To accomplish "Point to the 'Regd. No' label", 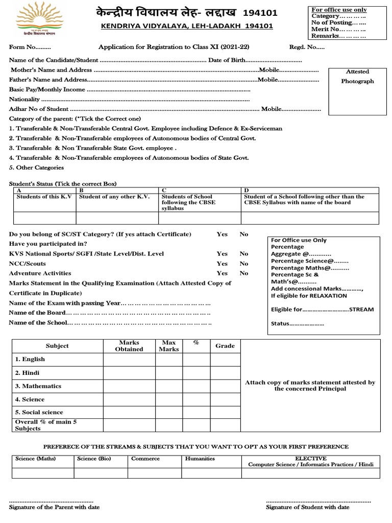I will [x=299, y=47].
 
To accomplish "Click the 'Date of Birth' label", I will [x=227, y=60].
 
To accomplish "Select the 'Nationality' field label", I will [x=24, y=99].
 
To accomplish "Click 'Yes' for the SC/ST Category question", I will [x=222, y=234].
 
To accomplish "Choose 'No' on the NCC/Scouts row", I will [x=244, y=264].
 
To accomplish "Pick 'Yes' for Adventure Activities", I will [x=222, y=273].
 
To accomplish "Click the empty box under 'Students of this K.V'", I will [x=44, y=218].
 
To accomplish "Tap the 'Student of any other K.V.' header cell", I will [x=117, y=197].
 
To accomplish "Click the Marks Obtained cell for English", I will [x=129, y=360].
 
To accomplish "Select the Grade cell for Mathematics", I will [x=225, y=387].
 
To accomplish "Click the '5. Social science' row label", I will [x=39, y=412].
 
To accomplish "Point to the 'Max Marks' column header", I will [x=168, y=346].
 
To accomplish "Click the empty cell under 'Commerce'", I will [x=155, y=473].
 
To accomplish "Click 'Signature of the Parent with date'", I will [x=55, y=507].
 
